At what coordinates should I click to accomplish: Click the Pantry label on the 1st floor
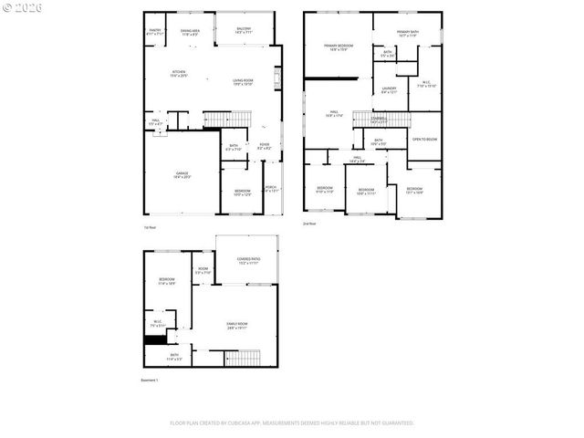[x=155, y=31]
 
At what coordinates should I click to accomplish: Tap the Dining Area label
[x=191, y=31]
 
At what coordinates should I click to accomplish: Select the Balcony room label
[x=244, y=29]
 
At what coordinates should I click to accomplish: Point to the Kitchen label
[x=180, y=73]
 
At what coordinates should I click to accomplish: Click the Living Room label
[x=243, y=82]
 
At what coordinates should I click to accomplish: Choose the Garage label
[x=182, y=174]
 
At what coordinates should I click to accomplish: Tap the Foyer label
[x=264, y=145]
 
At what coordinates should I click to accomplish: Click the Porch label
[x=271, y=189]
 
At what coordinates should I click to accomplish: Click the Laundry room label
[x=389, y=89]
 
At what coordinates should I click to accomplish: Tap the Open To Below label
[x=424, y=139]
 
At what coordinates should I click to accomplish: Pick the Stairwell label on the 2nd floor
[x=379, y=119]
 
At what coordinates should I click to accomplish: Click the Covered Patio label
[x=248, y=260]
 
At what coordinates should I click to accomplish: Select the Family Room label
[x=237, y=326]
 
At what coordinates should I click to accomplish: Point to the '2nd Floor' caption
[x=309, y=224]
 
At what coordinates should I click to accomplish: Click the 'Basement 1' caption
[x=150, y=380]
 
